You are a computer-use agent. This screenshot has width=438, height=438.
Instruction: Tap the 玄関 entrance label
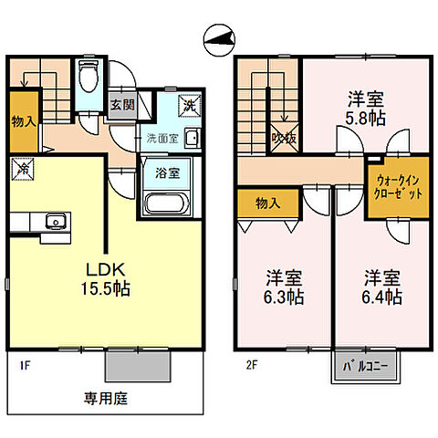121,103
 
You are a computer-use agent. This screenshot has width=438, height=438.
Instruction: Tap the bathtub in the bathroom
166,202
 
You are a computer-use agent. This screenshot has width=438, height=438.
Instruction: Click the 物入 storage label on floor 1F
24,120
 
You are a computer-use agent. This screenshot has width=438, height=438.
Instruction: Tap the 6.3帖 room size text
285,297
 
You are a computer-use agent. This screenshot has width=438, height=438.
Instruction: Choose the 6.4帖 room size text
381,297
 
